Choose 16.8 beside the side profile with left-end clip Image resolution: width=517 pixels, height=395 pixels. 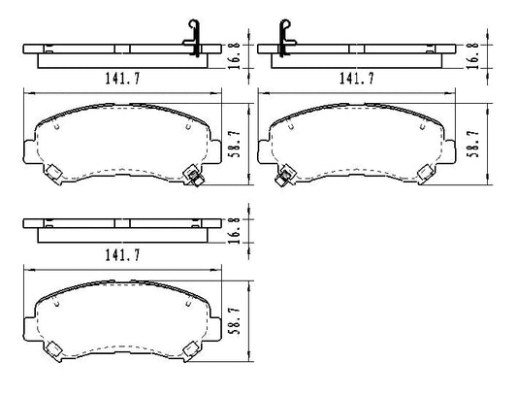pos(472,51)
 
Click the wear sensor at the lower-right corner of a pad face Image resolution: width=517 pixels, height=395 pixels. pos(193,176)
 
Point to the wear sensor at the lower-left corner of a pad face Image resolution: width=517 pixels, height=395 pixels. pos(286,176)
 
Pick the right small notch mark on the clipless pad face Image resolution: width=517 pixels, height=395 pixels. pos(184,303)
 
